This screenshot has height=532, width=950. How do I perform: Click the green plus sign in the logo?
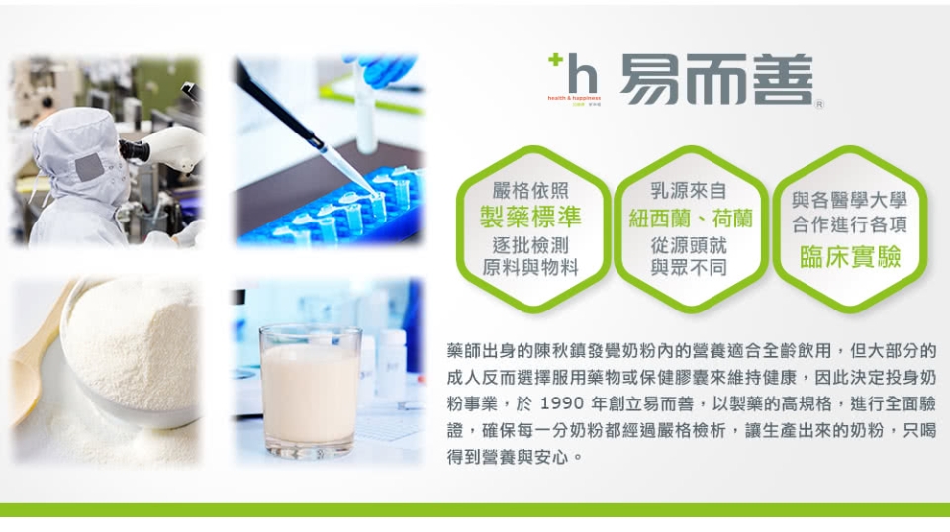click(x=554, y=60)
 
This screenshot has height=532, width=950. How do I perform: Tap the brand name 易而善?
click(x=716, y=79)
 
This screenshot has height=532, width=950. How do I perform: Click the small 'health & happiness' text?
click(x=574, y=98)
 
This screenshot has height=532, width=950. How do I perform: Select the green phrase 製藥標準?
click(x=530, y=217)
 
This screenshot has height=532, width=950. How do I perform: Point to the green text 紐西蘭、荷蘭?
click(x=691, y=219)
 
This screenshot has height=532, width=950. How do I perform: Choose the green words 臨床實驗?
click(x=850, y=257)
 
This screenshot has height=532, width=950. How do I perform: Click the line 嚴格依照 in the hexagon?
click(x=530, y=191)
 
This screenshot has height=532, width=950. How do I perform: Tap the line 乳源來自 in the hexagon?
click(x=689, y=191)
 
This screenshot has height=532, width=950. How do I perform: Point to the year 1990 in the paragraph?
click(x=562, y=403)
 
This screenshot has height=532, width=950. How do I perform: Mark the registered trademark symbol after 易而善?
click(x=819, y=104)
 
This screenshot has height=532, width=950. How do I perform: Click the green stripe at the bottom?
click(x=475, y=509)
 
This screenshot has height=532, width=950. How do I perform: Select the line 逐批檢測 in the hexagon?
click(x=530, y=245)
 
